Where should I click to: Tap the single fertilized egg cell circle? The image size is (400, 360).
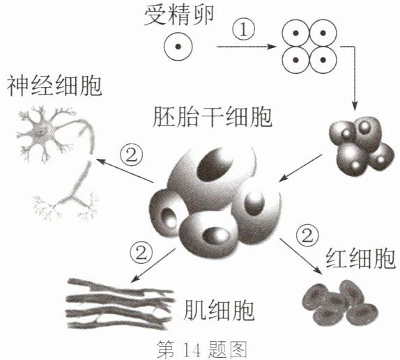(x=178, y=47)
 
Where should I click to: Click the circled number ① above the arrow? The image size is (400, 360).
(x=244, y=30)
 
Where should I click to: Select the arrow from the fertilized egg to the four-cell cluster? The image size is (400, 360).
(x=247, y=47)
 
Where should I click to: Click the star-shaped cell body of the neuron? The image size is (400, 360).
(x=41, y=132)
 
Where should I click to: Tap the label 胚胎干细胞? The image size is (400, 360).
(x=213, y=116)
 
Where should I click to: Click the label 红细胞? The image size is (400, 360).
(x=361, y=258)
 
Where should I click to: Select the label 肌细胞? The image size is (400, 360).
(x=219, y=310)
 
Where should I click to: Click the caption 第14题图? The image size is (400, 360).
(x=201, y=350)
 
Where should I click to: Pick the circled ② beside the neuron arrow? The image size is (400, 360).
(x=132, y=155)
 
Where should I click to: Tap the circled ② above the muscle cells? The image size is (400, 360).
(x=141, y=253)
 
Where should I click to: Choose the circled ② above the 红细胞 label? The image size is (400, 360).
(x=307, y=235)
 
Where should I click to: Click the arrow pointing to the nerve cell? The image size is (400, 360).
(x=124, y=171)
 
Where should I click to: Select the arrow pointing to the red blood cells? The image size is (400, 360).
(x=300, y=256)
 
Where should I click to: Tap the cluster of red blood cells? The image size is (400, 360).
(x=340, y=304)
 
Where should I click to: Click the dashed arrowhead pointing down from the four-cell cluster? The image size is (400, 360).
(x=355, y=105)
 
